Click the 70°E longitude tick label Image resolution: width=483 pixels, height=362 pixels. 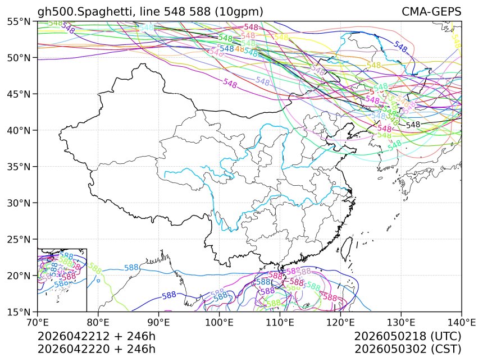pos(38,322)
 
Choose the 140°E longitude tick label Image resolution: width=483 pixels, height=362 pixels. pos(461,322)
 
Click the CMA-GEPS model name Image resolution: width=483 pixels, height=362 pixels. pos(431,12)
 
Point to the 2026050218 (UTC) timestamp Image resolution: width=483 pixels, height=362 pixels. pos(408,337)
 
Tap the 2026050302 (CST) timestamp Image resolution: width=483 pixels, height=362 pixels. pos(408,349)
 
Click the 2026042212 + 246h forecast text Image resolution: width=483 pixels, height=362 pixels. pos(96,337)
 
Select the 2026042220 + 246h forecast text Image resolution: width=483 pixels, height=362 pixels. pos(96,349)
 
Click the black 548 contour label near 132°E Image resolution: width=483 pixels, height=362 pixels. pos(413,125)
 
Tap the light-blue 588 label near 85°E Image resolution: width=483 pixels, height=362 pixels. pos(131,268)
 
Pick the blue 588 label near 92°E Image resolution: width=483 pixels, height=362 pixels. pos(169,295)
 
